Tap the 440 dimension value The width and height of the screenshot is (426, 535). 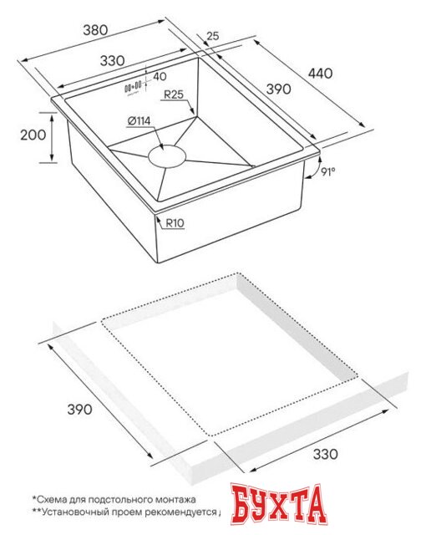320,74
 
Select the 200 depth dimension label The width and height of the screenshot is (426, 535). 31,135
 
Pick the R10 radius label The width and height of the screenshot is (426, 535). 175,224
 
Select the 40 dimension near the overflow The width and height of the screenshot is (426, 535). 160,77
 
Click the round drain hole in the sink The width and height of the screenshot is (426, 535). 168,155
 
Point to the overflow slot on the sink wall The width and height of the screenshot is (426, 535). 132,85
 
